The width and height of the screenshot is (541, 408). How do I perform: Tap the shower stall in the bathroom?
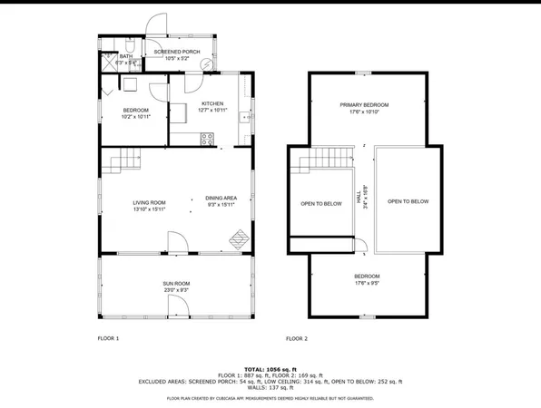tap(108, 61)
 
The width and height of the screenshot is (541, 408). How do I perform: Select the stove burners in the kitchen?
tap(207, 139)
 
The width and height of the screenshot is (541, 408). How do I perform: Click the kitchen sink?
tap(244, 118)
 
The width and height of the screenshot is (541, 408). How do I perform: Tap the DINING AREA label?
tap(221, 200)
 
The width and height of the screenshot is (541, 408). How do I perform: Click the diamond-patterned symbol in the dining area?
tap(239, 238)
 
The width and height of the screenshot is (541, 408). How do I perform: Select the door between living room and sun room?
tap(177, 242)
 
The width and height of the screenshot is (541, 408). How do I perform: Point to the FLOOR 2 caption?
tap(297, 338)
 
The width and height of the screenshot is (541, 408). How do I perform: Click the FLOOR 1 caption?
tap(108, 338)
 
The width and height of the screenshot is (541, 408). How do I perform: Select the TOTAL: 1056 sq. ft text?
tap(270, 369)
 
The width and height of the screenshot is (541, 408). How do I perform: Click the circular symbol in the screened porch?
tap(208, 64)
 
